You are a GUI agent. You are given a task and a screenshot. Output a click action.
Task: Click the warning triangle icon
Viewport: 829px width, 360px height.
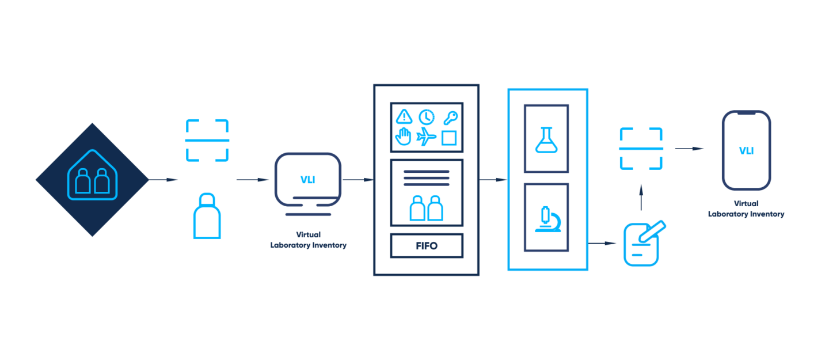click(x=405, y=117)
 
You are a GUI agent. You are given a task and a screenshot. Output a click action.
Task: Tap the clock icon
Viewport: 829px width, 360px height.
click(x=427, y=117)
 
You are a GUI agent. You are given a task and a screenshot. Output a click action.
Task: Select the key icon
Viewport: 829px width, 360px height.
click(x=450, y=118)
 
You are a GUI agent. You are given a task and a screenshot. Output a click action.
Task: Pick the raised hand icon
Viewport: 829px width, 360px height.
click(x=404, y=137)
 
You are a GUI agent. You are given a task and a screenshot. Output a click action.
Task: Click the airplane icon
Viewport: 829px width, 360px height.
click(x=426, y=137)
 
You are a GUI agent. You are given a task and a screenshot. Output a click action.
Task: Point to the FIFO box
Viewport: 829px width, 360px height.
click(x=427, y=245)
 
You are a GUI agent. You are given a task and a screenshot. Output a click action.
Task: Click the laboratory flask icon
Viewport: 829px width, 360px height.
click(x=546, y=139)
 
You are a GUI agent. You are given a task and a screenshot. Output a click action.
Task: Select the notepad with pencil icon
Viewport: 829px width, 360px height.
click(x=644, y=243)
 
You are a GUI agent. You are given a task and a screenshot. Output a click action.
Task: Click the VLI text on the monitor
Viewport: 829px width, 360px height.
click(x=308, y=180)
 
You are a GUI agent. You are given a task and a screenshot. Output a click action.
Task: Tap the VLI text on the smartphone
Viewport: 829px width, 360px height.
click(x=747, y=151)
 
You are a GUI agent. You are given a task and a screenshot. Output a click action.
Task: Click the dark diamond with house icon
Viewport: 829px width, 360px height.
click(x=92, y=180)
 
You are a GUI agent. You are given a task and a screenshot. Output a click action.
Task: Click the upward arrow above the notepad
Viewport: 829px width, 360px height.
click(x=641, y=198)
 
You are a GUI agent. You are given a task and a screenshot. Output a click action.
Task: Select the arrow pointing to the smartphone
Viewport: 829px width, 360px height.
click(x=689, y=149)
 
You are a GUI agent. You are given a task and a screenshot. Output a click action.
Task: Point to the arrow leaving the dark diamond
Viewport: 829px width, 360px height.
click(x=163, y=180)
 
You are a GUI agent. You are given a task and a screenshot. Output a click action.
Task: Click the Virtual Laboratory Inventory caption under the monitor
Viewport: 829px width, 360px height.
click(x=309, y=240)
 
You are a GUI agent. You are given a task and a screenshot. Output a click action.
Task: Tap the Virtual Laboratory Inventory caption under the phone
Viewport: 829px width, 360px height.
click(x=746, y=209)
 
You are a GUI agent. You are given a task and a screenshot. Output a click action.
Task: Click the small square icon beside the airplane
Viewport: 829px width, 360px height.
click(x=449, y=138)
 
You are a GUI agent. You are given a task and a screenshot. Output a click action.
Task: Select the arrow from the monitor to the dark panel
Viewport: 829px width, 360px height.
click(x=358, y=180)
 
